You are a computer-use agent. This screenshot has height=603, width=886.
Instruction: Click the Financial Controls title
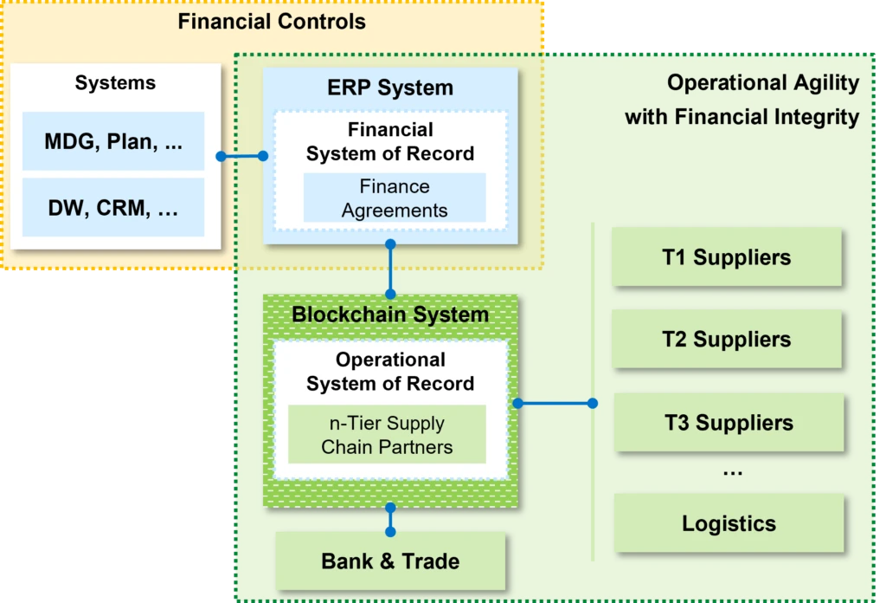[272, 22]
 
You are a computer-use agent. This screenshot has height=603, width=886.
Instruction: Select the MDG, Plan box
[113, 142]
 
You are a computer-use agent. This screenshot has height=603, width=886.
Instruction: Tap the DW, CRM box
[113, 208]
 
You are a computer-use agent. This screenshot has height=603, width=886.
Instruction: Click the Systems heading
[115, 83]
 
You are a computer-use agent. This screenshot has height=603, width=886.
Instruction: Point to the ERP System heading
[389, 88]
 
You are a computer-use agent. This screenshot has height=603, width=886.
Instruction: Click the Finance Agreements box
[395, 198]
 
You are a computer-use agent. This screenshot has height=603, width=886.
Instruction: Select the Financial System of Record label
[390, 142]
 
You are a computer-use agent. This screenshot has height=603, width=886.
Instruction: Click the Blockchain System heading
[390, 314]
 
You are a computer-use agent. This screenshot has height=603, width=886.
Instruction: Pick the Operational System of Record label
[390, 372]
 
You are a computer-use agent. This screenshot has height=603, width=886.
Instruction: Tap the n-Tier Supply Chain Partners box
[387, 436]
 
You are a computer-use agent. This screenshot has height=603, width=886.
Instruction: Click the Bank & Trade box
[390, 561]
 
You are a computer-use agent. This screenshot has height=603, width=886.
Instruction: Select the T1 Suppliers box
[727, 257]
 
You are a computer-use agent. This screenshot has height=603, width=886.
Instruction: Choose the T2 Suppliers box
[727, 340]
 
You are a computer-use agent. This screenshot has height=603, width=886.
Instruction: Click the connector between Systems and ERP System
[242, 156]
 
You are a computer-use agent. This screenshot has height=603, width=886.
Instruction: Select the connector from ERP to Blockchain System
[391, 269]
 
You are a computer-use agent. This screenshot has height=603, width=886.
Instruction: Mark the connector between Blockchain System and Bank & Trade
[390, 519]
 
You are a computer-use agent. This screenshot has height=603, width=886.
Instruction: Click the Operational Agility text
[762, 83]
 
